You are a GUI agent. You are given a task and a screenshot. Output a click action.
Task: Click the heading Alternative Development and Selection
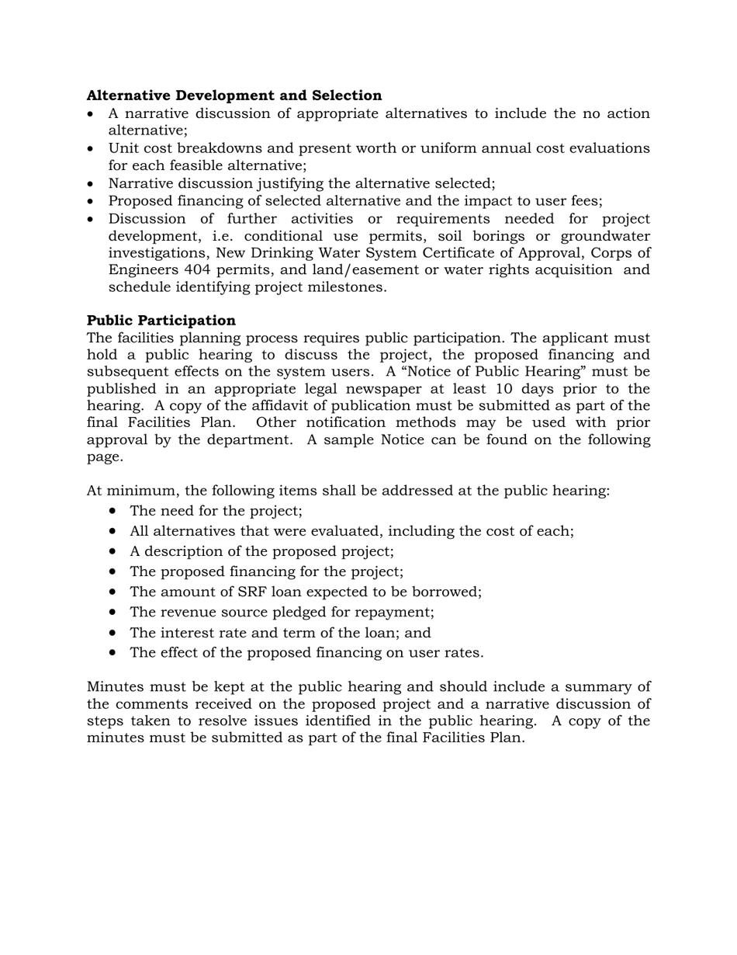coord(234,95)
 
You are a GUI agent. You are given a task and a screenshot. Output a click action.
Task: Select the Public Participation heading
coord(161,321)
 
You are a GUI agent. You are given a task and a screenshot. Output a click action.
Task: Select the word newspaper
coord(381,389)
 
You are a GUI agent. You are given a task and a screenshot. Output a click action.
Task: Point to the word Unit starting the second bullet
coord(123,148)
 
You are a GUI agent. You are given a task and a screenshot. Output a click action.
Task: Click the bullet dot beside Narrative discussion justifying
coord(92,185)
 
